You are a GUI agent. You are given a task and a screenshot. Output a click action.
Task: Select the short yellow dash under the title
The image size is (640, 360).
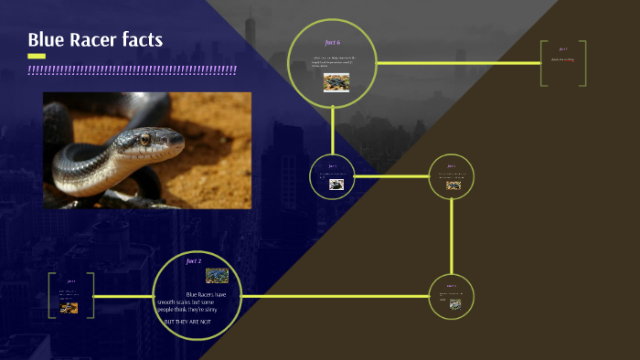pos(37,56)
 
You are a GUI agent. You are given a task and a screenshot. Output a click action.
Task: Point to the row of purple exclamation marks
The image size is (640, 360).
pos(132,69)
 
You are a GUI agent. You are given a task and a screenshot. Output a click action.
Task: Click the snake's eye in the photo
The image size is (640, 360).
pos(144,139)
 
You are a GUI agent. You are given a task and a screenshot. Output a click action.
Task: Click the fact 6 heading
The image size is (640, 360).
pos(333,43)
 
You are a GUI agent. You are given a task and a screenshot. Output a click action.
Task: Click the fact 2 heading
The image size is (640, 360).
pos(194,261)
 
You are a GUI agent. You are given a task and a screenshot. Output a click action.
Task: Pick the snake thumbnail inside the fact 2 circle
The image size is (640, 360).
pos(217,275)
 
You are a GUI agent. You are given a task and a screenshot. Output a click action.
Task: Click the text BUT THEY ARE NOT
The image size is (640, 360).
pos(193,323)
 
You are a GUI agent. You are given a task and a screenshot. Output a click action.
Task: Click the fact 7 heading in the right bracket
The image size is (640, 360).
pos(562,49)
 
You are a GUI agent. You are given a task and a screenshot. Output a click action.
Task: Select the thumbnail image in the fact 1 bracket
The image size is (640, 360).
pos(69,308)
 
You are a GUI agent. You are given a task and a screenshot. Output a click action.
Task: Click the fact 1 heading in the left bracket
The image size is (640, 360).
pos(70,281)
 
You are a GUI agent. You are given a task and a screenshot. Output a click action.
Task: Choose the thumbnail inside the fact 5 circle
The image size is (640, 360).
pos(336,184)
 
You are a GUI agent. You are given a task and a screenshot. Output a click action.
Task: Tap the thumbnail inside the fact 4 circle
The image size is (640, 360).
pos(453,185)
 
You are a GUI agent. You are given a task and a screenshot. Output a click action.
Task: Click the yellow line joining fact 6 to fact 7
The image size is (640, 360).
pos(457,63)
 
